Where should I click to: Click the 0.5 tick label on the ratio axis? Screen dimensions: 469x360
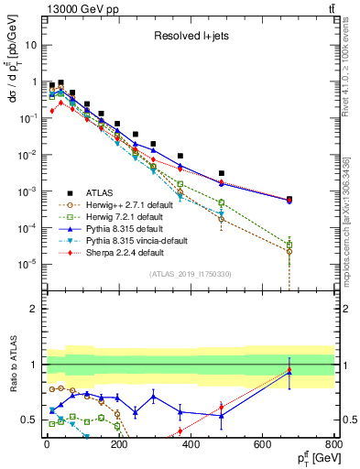pyautogui.click(x=30, y=420)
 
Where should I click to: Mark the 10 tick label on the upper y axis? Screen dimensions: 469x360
pyautogui.click(x=30, y=44)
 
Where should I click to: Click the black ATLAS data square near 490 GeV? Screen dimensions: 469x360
pyautogui.click(x=222, y=173)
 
